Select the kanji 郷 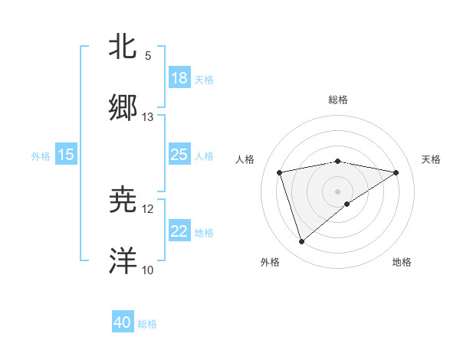tap(123, 107)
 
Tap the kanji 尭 tap(123, 200)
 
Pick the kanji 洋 tap(123, 260)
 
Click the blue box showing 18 tap(179, 78)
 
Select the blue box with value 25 tap(179, 155)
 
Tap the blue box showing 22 tap(179, 231)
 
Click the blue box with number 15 tap(66, 155)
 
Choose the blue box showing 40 tap(123, 322)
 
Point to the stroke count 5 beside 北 tap(148, 55)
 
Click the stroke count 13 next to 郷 tap(148, 117)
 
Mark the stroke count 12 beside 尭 tap(148, 209)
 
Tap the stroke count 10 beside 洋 tap(148, 270)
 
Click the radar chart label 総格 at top tap(338, 100)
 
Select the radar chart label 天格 tap(431, 159)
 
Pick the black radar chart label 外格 tap(270, 262)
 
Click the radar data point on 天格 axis tap(396, 172)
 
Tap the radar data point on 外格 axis tap(301, 242)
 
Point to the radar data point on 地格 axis tap(347, 204)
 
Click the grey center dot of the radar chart tap(338, 191)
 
